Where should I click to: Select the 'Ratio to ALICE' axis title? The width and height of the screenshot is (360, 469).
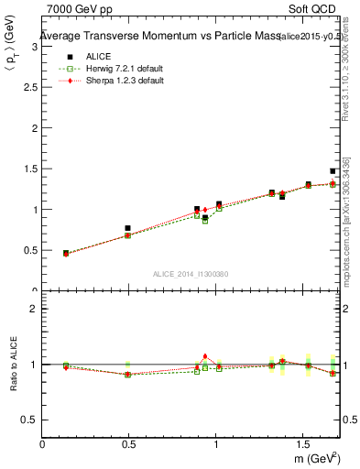click(13, 365)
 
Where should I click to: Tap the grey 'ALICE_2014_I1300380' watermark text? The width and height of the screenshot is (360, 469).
click(190, 274)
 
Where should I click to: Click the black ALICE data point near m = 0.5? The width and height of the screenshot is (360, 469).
click(127, 228)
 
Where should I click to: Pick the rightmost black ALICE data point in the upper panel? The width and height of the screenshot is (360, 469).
click(333, 171)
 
